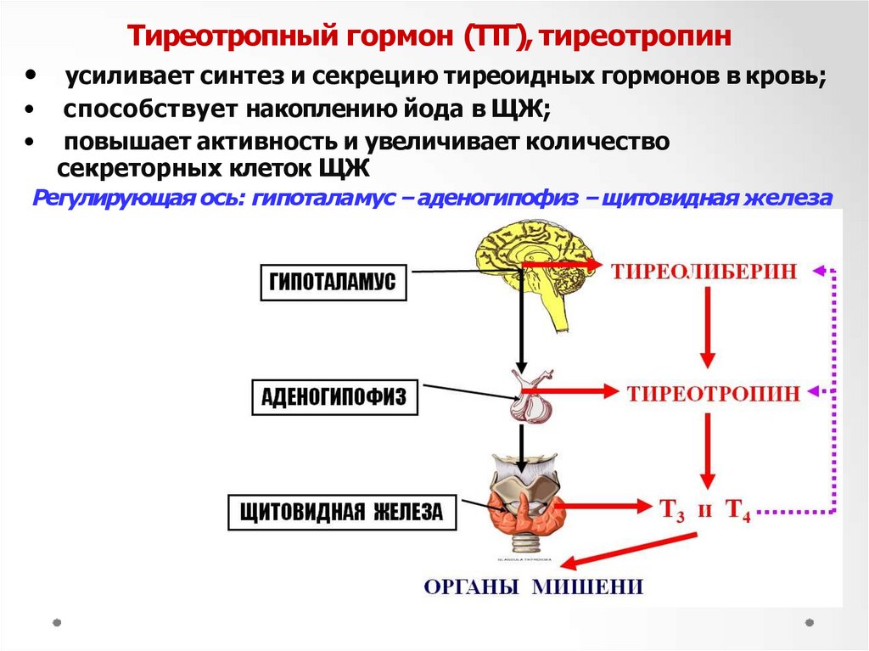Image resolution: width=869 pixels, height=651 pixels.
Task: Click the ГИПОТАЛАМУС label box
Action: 333,283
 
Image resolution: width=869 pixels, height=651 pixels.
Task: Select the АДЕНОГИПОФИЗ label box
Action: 336,396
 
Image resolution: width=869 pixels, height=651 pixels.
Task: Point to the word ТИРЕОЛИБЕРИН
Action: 704,271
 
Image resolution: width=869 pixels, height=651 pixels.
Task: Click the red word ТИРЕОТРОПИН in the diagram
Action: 714,393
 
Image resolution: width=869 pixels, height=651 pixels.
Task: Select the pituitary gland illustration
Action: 530,396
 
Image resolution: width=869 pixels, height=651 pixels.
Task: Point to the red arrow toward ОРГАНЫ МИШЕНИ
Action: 628,552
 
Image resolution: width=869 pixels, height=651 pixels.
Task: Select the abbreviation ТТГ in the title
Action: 496,36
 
